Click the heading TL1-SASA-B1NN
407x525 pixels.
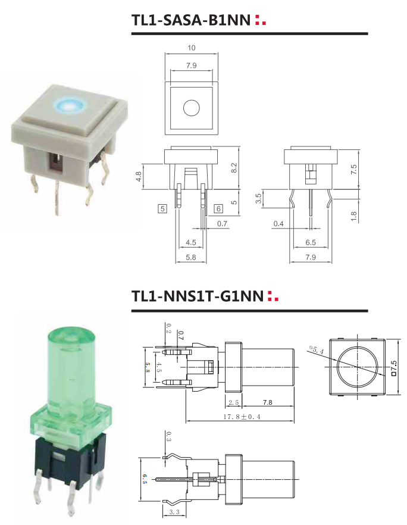[x=190, y=20]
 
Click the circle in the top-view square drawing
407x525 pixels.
[x=191, y=108]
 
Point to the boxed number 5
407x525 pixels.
[x=162, y=208]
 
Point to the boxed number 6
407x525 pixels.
[x=218, y=208]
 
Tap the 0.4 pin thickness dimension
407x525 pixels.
[x=278, y=223]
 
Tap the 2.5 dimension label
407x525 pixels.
[x=233, y=403]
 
